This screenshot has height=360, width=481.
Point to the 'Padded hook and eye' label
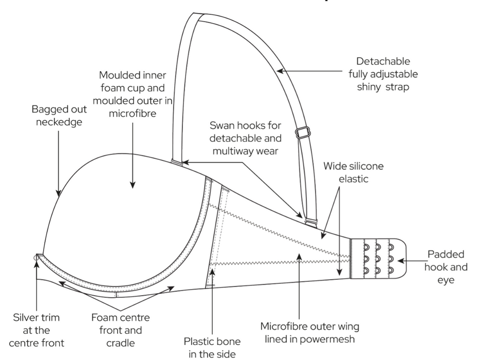(x=446, y=267)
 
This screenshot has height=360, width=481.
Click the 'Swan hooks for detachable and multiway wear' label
(x=246, y=138)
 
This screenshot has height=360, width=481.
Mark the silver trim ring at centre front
(x=36, y=256)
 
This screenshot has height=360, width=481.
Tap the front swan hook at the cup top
(x=176, y=163)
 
